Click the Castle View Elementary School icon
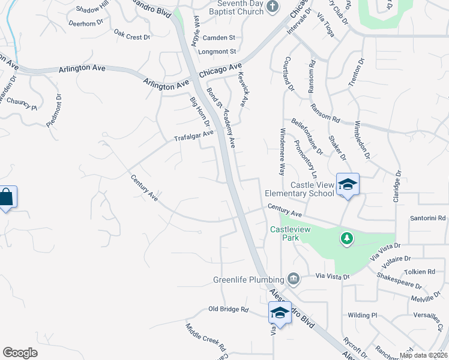pos(348,184)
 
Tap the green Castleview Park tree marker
pos(346,239)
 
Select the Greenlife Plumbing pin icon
pos(294,278)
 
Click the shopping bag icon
pos(7,197)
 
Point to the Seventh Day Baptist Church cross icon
pos(273,7)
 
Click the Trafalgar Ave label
pos(193,136)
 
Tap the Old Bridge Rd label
pos(228,310)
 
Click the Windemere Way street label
pos(283,151)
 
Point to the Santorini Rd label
pos(429,218)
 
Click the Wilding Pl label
pos(362,315)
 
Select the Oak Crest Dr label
pos(131,37)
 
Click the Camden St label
pos(218,37)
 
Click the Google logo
pos(20,353)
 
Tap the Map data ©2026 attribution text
pos(423,355)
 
